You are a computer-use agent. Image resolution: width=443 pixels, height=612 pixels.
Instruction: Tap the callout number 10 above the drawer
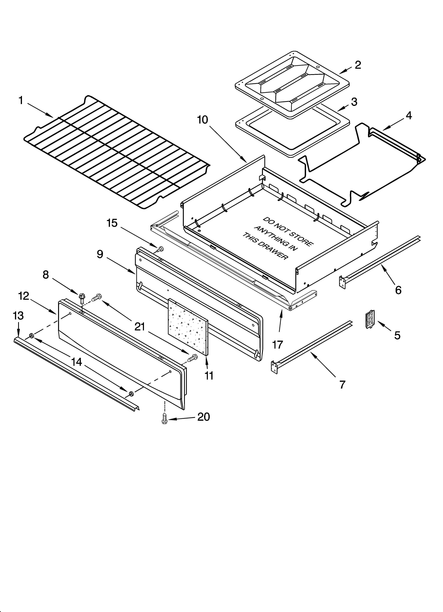pyautogui.click(x=202, y=120)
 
